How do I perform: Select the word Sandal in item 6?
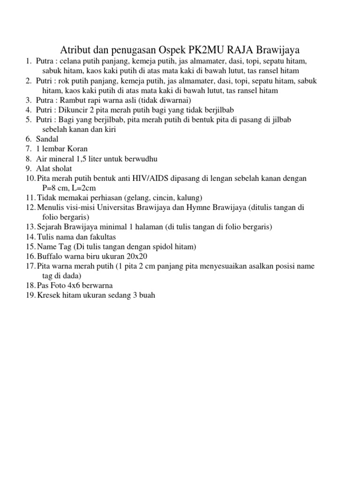pyautogui.click(x=47, y=139)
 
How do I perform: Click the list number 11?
pyautogui.click(x=30, y=198)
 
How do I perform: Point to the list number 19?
pyautogui.click(x=30, y=295)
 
